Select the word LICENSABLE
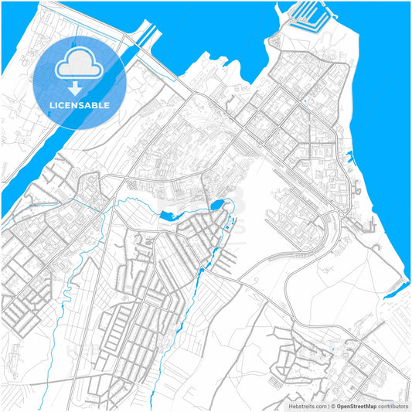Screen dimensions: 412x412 pyautogui.click(x=79, y=104)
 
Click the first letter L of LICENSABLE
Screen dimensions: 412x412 pyautogui.click(x=51, y=104)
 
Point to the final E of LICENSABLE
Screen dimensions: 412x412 pyautogui.click(x=107, y=104)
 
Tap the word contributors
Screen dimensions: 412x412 pyautogui.click(x=393, y=406)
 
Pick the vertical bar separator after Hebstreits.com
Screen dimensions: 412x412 pyautogui.click(x=328, y=406)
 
